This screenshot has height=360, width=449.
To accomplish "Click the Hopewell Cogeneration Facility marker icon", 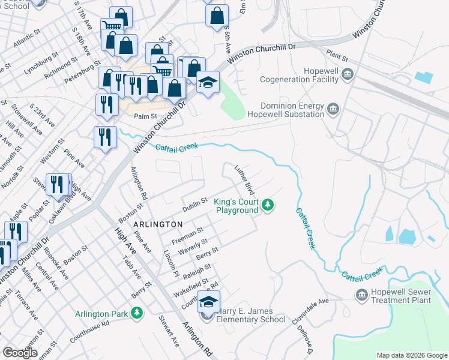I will pos(348,74).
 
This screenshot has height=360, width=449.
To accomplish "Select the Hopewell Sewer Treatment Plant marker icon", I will pos(361,295).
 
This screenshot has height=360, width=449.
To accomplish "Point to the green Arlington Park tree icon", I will pos(137,313).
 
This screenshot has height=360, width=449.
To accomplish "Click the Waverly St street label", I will pos(196,245).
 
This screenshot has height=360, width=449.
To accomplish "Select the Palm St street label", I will pos(145,117).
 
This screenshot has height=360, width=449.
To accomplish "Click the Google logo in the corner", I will pos(19,353).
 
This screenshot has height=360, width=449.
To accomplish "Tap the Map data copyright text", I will pos(411,355).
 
